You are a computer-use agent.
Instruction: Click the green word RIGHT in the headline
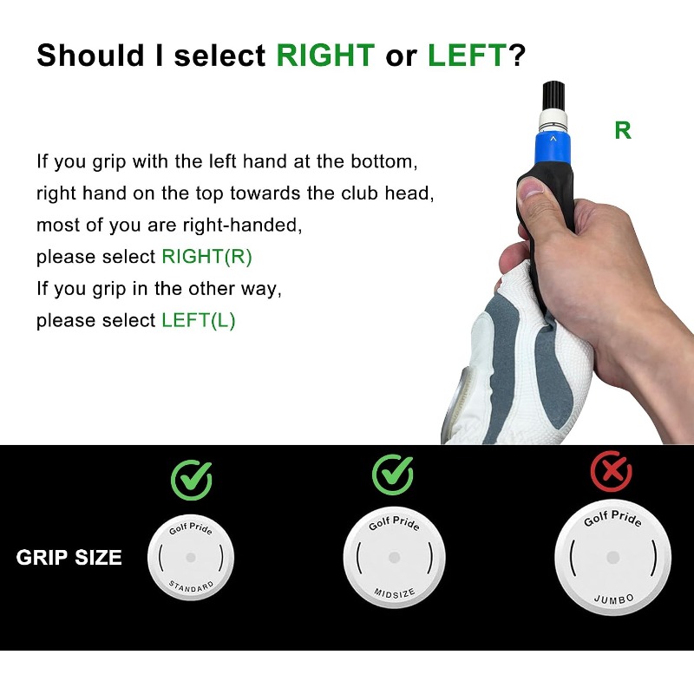pyautogui.click(x=325, y=56)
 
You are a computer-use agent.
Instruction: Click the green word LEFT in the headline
pyautogui.click(x=467, y=56)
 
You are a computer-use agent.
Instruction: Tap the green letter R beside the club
pyautogui.click(x=623, y=131)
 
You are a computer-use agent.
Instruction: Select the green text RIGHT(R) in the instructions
pyautogui.click(x=206, y=257)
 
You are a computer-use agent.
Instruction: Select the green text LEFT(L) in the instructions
pyautogui.click(x=199, y=320)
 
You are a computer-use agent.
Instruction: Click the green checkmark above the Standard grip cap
pyautogui.click(x=192, y=480)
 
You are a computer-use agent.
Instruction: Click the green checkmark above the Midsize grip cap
pyautogui.click(x=393, y=475)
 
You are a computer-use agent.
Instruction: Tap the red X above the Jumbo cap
pyautogui.click(x=612, y=471)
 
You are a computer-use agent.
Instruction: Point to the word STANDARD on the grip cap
pyautogui.click(x=191, y=587)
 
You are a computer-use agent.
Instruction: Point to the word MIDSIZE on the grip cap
pyautogui.click(x=395, y=593)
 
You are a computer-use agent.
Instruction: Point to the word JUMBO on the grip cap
pyautogui.click(x=614, y=599)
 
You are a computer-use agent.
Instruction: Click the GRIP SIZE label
pyautogui.click(x=69, y=558)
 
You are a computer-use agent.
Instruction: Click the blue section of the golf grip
pyautogui.click(x=553, y=147)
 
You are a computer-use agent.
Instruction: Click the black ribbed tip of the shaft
pyautogui.click(x=554, y=96)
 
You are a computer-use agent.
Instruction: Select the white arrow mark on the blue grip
pyautogui.click(x=553, y=139)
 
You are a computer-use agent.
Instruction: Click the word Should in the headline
pyautogui.click(x=91, y=56)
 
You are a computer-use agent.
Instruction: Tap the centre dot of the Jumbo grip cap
pyautogui.click(x=613, y=557)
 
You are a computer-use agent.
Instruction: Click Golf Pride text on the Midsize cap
pyautogui.click(x=395, y=524)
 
